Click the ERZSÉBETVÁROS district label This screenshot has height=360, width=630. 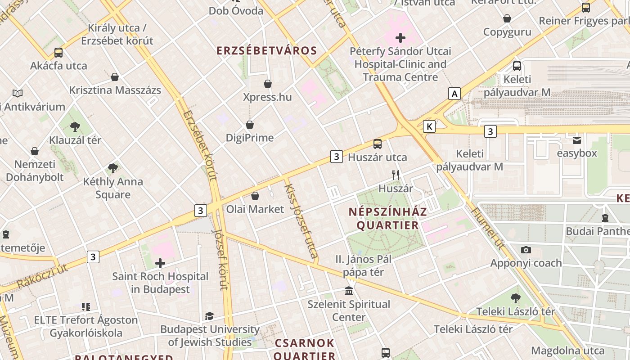pos(267,50)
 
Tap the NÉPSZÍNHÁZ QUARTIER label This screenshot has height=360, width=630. pos(388,218)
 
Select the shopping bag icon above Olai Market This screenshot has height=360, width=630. pos(255,196)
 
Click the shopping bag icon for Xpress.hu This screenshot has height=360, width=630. pos(268,84)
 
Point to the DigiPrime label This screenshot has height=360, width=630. pos(250,138)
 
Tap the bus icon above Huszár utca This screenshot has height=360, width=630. pos(377,144)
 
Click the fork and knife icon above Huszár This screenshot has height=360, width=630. pos(396,175)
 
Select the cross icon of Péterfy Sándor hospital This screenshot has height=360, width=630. pos(400,38)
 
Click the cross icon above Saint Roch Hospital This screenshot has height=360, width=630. pos(160,263)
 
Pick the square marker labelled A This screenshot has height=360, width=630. pos(455,94)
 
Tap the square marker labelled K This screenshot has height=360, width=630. pos(430,127)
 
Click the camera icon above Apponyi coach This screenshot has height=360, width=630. pos(526,250)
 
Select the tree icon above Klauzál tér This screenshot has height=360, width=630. pos(75,127)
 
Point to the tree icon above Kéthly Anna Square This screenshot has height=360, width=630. pos(113,169)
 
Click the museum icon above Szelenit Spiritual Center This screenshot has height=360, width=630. pos(349,291)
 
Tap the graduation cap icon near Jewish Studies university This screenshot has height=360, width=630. pos(210,316)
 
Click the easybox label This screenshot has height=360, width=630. pos(577,153)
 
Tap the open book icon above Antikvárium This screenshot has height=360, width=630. pos(18,94)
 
